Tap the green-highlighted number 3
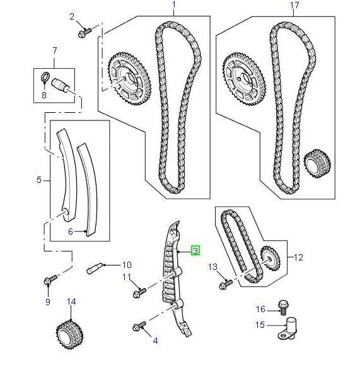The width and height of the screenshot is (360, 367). [x=195, y=250]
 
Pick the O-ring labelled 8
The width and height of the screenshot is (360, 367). [x=45, y=78]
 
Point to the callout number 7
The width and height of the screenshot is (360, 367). [x=54, y=50]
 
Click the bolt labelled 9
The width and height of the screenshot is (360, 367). [x=50, y=278]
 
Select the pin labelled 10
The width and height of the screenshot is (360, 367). [x=95, y=267]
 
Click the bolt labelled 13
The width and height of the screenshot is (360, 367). [x=224, y=285]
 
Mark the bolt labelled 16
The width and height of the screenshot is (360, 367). [x=282, y=309]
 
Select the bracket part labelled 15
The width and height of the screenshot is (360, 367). [x=291, y=328]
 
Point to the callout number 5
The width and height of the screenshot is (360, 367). [x=38, y=180]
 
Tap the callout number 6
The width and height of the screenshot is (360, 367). [x=71, y=232]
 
